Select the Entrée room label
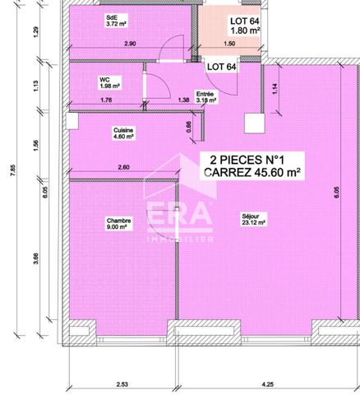coord(205,94)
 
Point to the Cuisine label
coord(123,130)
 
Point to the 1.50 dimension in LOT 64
coord(229,43)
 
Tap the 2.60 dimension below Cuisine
coord(122,168)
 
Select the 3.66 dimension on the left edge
coord(33,258)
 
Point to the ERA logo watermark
coord(179,216)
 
